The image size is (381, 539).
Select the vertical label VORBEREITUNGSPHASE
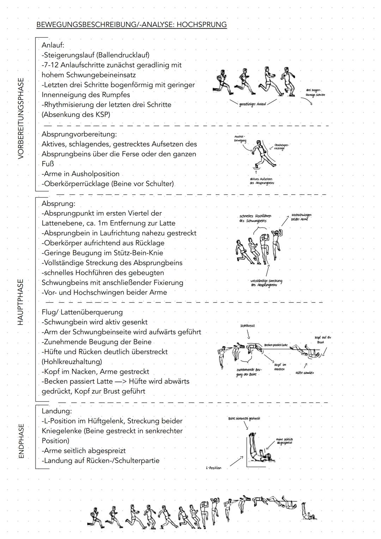pyautogui.click(x=21, y=118)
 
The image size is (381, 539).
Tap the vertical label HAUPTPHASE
pyautogui.click(x=21, y=302)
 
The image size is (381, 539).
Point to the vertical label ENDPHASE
pyautogui.click(x=21, y=441)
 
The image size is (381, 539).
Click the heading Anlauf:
pyautogui.click(x=53, y=45)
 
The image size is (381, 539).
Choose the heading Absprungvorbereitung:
pyautogui.click(x=79, y=134)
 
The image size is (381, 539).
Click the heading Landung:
pyautogui.click(x=57, y=411)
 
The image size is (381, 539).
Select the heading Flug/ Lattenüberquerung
pyautogui.click(x=82, y=312)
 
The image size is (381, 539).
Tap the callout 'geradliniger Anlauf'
pyautogui.click(x=253, y=104)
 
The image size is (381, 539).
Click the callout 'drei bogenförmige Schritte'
pyautogui.click(x=315, y=93)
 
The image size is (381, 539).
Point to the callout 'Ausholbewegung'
pyautogui.click(x=240, y=139)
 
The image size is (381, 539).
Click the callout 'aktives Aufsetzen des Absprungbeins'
pyautogui.click(x=261, y=181)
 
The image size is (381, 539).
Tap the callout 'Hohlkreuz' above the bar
pyautogui.click(x=247, y=326)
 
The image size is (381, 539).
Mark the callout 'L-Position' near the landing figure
pyautogui.click(x=213, y=468)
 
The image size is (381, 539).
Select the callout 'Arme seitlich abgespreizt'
pyautogui.click(x=284, y=441)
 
